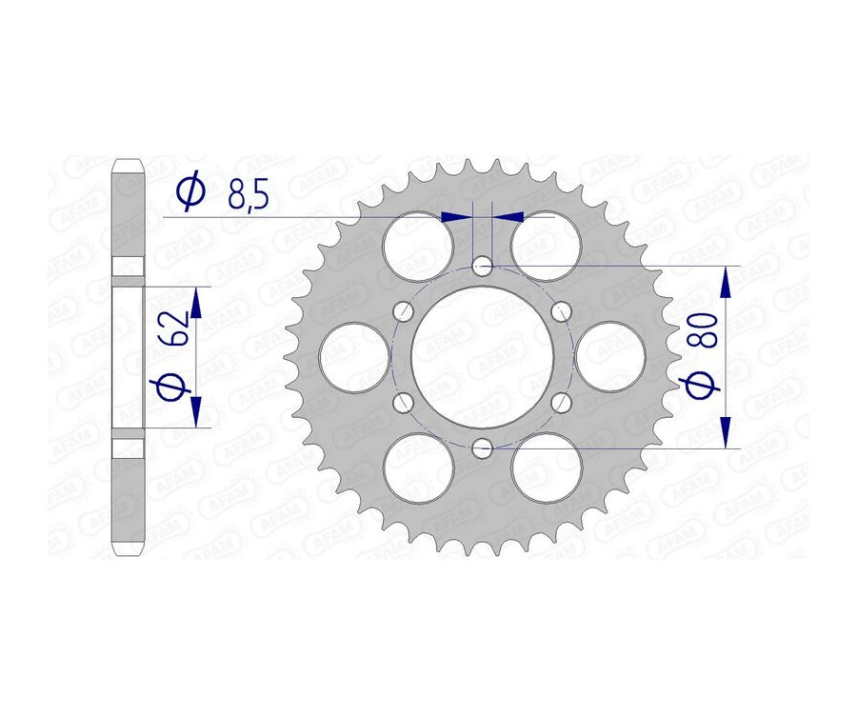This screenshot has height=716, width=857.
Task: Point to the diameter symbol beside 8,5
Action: pos(191,192)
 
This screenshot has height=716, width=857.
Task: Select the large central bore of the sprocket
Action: pos(482,356)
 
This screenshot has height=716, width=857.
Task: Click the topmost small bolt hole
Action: pos(483,265)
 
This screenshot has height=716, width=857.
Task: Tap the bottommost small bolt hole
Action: pos(483,447)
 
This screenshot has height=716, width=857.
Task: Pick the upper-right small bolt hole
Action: pos(560,310)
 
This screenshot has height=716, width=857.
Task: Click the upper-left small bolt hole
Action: pos(404,310)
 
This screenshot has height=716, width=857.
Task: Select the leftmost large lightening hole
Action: pos(353,356)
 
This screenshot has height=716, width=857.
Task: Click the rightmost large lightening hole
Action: pos(611,356)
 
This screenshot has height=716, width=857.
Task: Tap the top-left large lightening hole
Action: pos(417,246)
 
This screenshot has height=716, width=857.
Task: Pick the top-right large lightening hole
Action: pos(547,246)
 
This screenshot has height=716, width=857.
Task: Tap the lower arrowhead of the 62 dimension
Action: pos(196,410)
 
